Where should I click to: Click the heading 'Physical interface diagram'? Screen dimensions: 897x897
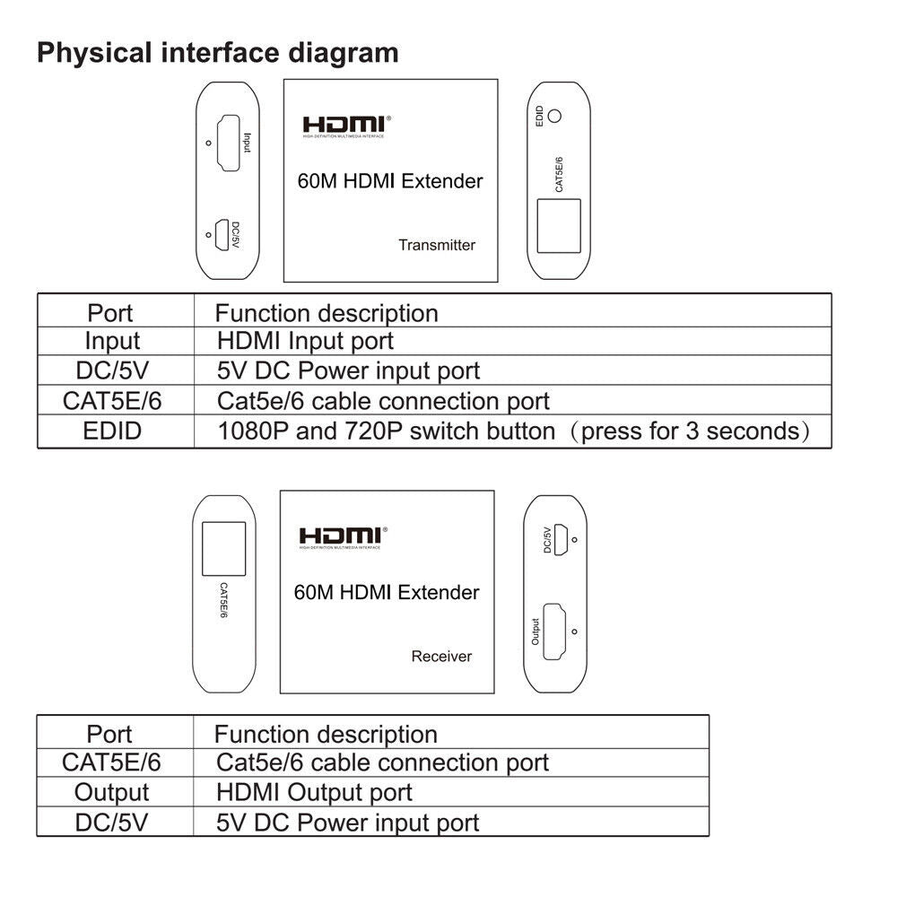217,52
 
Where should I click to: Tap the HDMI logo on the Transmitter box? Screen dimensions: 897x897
344,126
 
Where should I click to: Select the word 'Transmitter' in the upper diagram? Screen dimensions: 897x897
437,245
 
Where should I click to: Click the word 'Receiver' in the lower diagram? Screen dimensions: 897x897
441,656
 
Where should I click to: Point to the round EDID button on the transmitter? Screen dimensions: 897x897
556,116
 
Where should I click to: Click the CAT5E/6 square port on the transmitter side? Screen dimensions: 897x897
558,224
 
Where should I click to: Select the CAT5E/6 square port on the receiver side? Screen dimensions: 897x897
223,548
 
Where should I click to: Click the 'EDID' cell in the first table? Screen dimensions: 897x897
114,431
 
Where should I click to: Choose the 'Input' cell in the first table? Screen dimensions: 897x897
113,342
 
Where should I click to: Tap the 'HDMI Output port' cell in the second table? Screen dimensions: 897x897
314,793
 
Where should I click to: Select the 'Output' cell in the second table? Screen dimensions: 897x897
111,793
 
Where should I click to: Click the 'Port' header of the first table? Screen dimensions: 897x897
110,313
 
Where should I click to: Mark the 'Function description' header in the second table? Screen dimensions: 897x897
326,734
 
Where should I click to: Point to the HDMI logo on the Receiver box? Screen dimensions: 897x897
340,537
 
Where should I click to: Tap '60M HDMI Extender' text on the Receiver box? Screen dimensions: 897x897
387,592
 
